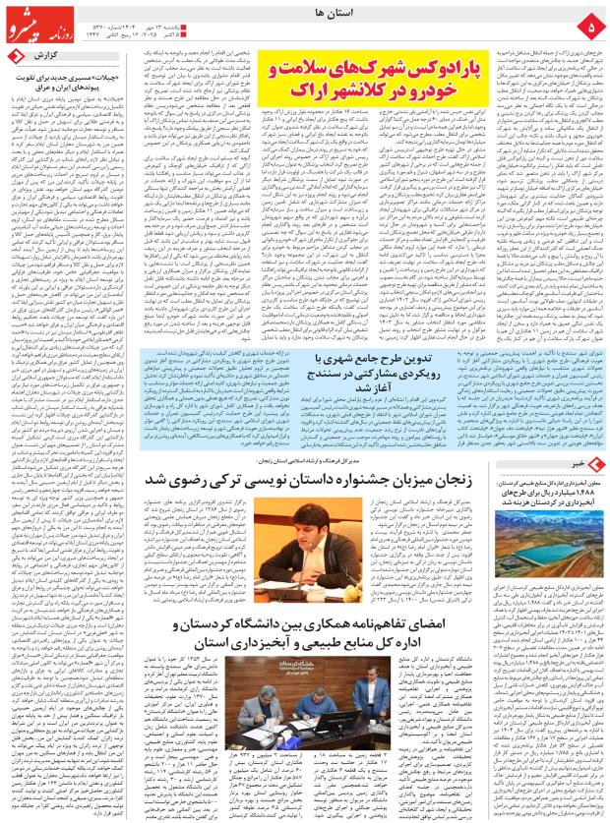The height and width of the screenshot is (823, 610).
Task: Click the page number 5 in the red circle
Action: (590, 22)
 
